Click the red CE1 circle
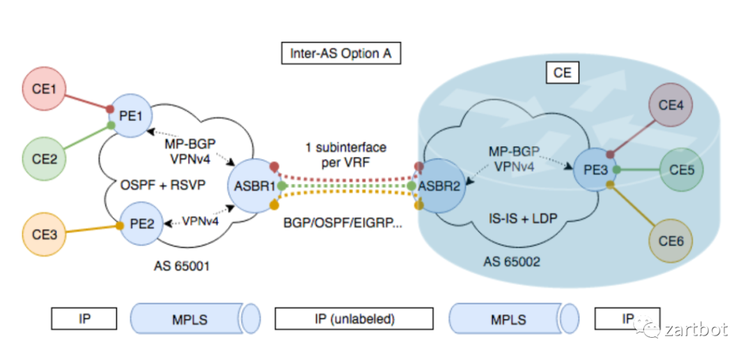tap(44, 90)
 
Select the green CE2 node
tap(44, 159)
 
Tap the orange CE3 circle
tap(44, 235)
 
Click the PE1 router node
tap(130, 116)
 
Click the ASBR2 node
tap(439, 186)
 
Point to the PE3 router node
tap(594, 170)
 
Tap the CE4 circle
tap(671, 104)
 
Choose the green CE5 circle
tap(681, 170)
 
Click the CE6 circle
tap(671, 241)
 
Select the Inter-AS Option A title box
tap(340, 54)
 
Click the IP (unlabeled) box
tap(354, 319)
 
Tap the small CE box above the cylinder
tap(563, 73)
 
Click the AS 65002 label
tap(512, 262)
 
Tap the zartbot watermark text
tap(696, 329)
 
